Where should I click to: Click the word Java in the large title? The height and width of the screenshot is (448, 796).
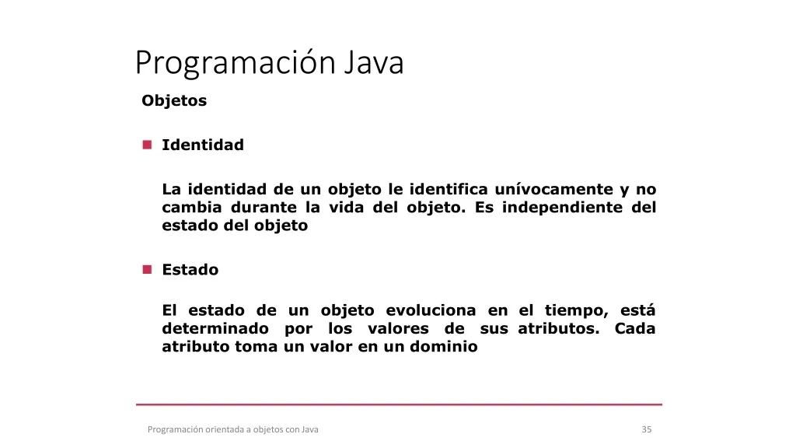[x=374, y=62]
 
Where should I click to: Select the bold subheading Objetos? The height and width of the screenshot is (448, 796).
[x=174, y=100]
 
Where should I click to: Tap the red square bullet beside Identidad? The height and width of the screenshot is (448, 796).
[x=147, y=145]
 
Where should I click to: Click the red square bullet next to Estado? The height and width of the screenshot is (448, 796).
[x=147, y=269]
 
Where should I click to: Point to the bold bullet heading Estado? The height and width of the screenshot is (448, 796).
[x=190, y=269]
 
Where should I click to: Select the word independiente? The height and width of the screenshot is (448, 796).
[x=562, y=208]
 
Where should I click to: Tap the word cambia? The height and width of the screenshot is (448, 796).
[x=192, y=207]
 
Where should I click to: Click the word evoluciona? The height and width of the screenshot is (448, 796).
[x=431, y=310]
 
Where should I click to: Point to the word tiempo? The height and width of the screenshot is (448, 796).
[x=574, y=311]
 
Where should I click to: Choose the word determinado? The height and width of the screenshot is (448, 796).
[x=215, y=329]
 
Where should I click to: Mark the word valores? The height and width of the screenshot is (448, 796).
[x=398, y=329]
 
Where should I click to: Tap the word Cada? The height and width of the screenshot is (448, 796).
[x=635, y=329]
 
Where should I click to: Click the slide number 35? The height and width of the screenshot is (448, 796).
[x=647, y=429]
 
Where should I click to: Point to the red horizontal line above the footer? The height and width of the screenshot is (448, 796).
[x=399, y=404]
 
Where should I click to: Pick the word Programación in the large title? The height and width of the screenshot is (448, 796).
[x=236, y=64]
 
